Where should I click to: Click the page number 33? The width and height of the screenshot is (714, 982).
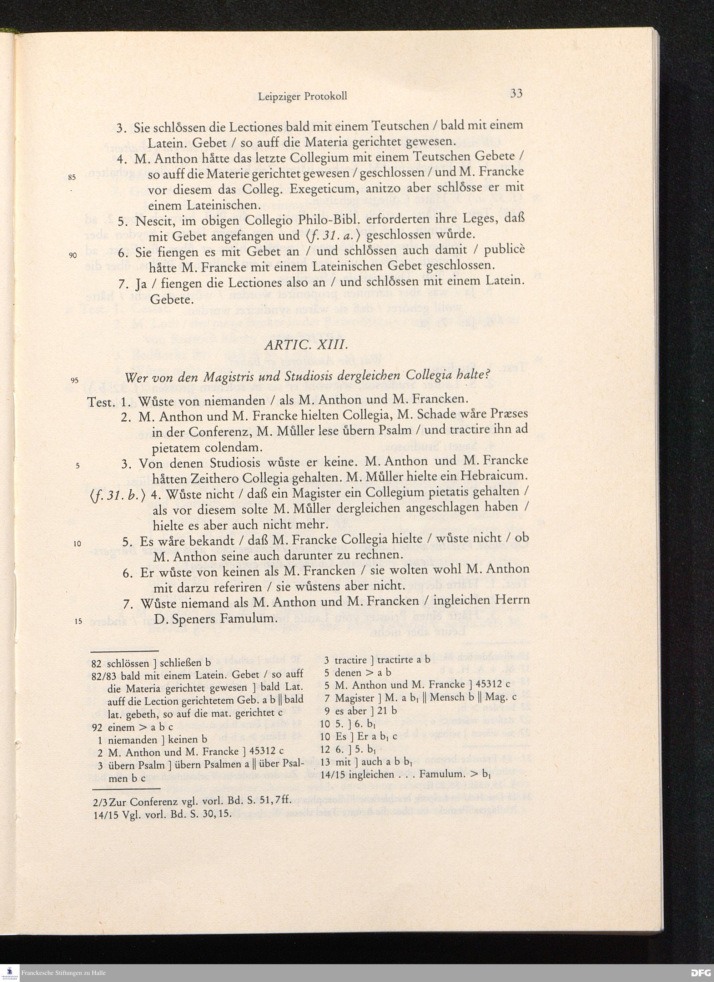click(516, 94)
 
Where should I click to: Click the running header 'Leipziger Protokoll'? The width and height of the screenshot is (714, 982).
click(302, 96)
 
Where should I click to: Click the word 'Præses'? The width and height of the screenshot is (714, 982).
click(510, 413)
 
